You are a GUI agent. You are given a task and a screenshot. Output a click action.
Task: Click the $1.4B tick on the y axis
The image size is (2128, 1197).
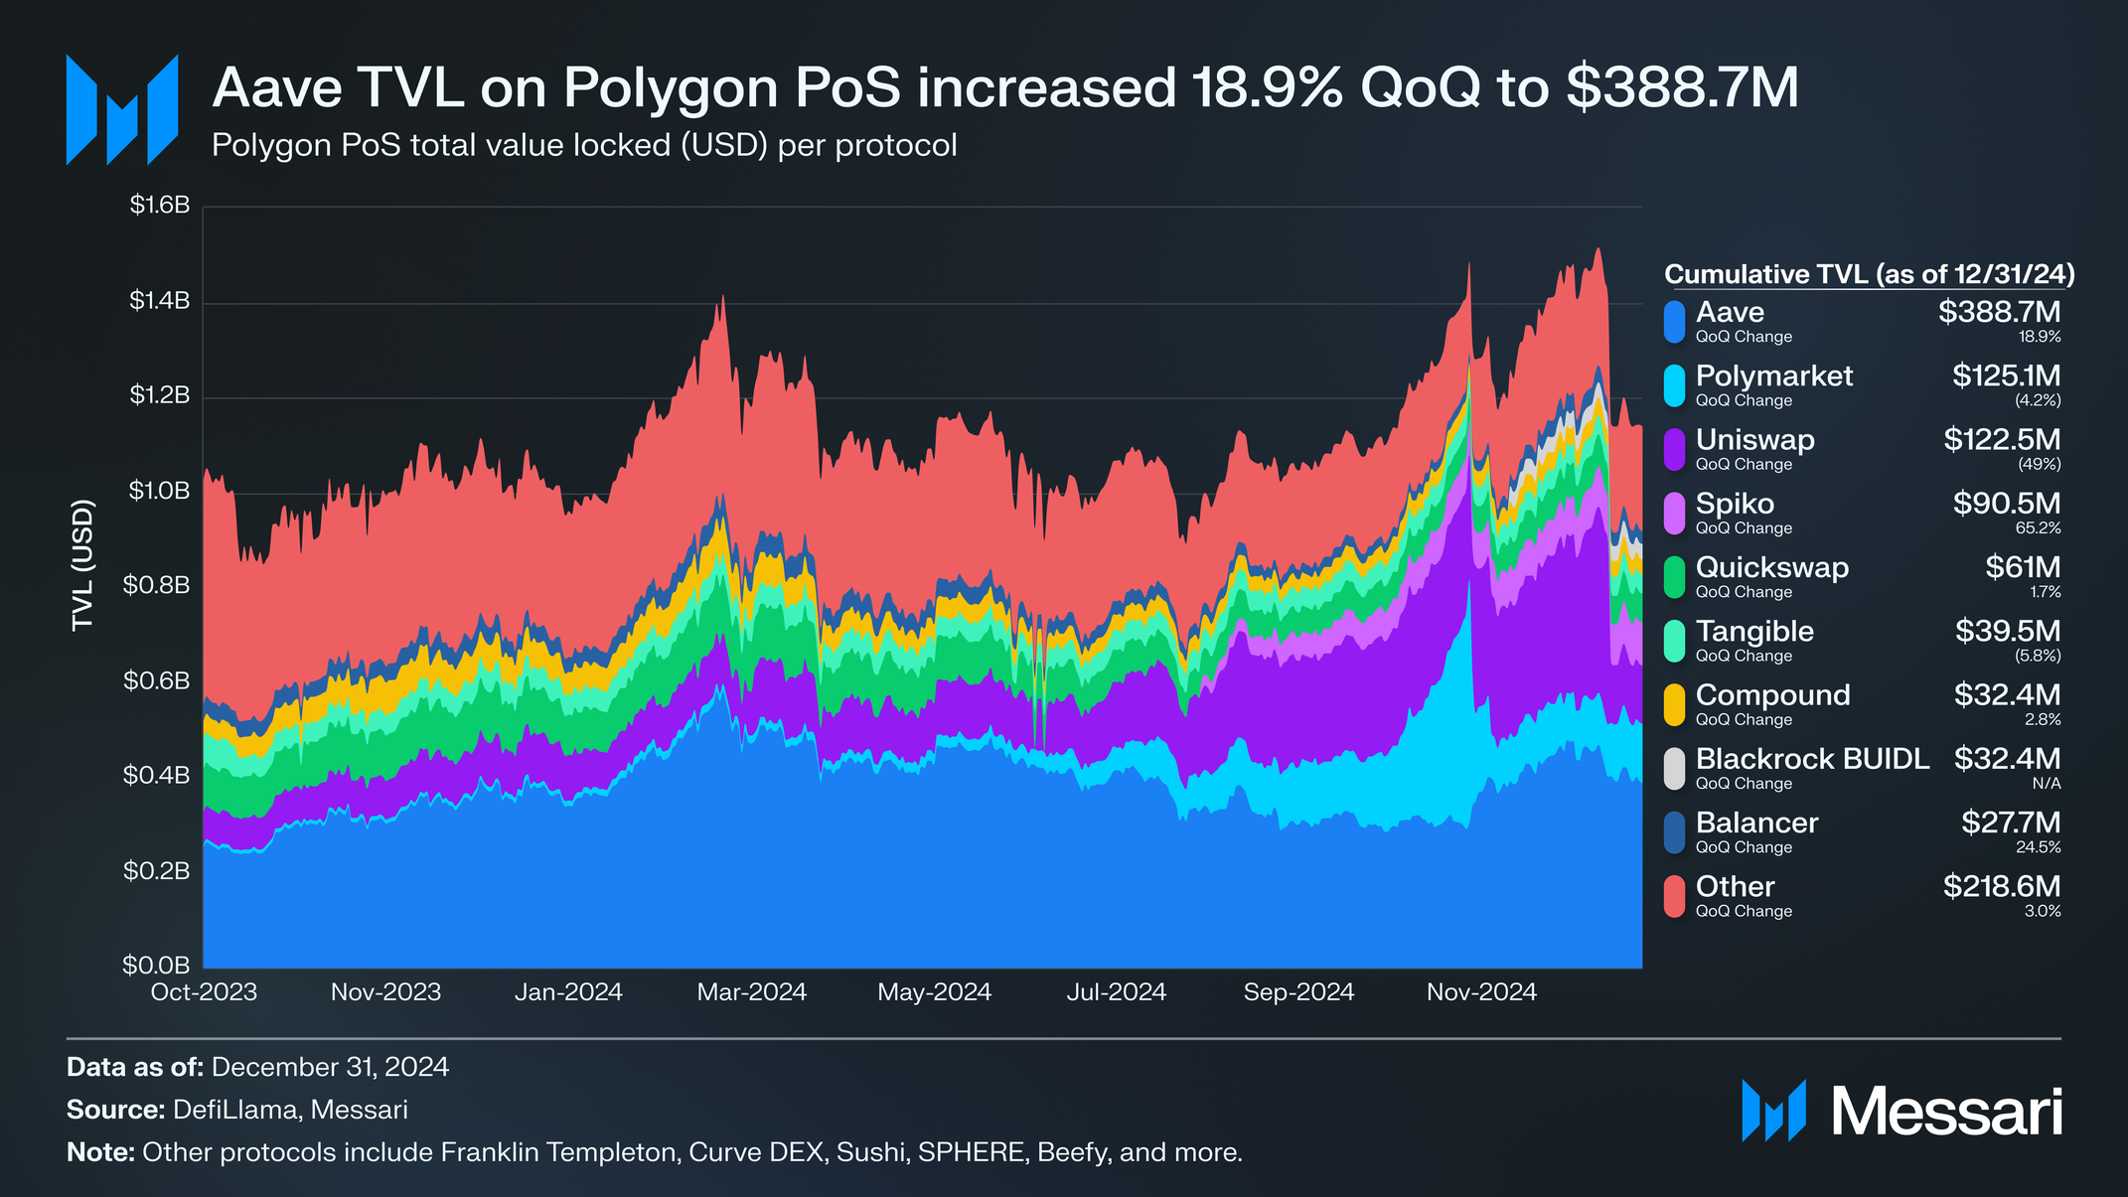(x=159, y=301)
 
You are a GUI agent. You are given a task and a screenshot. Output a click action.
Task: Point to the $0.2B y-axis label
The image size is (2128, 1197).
(x=156, y=871)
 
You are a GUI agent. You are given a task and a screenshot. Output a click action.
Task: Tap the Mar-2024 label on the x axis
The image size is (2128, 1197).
(x=751, y=991)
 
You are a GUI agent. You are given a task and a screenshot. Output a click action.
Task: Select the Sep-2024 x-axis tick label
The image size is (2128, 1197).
(x=1298, y=991)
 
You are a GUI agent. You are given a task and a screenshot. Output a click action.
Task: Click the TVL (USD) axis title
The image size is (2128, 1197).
(x=82, y=564)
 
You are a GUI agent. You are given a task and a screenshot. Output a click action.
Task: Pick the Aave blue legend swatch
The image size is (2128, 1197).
(x=1675, y=322)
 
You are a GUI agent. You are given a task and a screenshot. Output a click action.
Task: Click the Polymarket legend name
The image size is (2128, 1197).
(x=1773, y=375)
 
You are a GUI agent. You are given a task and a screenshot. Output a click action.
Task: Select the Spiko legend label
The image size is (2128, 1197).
(x=1735, y=504)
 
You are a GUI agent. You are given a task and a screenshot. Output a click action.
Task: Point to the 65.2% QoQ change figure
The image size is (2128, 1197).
(x=2038, y=528)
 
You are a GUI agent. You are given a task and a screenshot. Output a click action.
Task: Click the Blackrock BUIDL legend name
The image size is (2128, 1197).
(x=1812, y=759)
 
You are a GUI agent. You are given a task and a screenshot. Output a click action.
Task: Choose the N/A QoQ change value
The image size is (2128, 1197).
(x=2046, y=784)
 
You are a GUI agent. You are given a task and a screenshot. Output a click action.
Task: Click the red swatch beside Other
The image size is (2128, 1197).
(x=1675, y=896)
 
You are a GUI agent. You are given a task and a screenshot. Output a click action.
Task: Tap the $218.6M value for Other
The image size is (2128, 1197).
(x=2001, y=886)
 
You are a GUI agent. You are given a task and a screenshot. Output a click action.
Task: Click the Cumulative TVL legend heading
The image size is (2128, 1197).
(x=1869, y=274)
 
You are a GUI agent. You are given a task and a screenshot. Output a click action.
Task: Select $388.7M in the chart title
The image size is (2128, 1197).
(x=1682, y=87)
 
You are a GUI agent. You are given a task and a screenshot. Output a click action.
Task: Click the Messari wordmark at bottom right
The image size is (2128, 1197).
(x=1946, y=1112)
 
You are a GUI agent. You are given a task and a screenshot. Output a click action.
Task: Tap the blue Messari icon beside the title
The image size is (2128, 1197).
(x=121, y=109)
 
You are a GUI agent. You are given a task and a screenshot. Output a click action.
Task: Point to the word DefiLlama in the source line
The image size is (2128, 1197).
(x=234, y=1110)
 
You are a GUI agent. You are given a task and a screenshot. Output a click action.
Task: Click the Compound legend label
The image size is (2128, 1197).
(x=1772, y=694)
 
